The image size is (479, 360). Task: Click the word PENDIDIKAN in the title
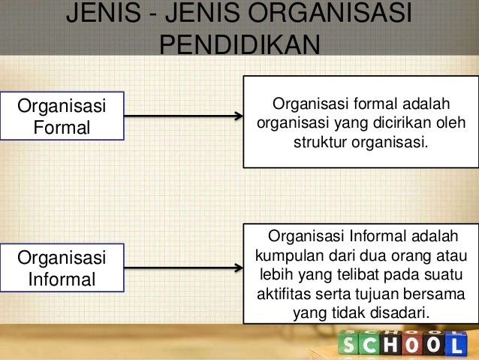[240, 44]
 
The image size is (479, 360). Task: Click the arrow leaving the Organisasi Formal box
[184, 116]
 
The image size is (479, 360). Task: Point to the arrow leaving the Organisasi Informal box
[184, 269]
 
